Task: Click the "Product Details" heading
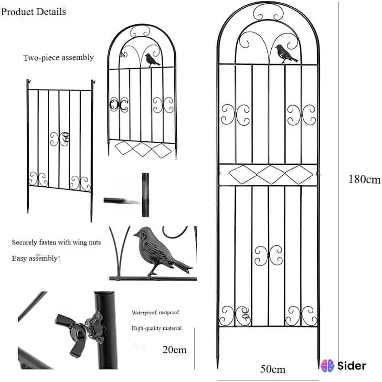[x=33, y=11]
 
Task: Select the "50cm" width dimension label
[x=273, y=369]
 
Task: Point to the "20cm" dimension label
[x=174, y=350]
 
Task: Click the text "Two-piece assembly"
[x=59, y=58]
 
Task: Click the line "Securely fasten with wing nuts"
[x=56, y=243]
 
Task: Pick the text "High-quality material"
[x=157, y=329]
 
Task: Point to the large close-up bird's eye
[x=142, y=233]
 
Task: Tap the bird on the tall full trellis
[x=286, y=54]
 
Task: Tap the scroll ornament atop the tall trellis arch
[x=268, y=12]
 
